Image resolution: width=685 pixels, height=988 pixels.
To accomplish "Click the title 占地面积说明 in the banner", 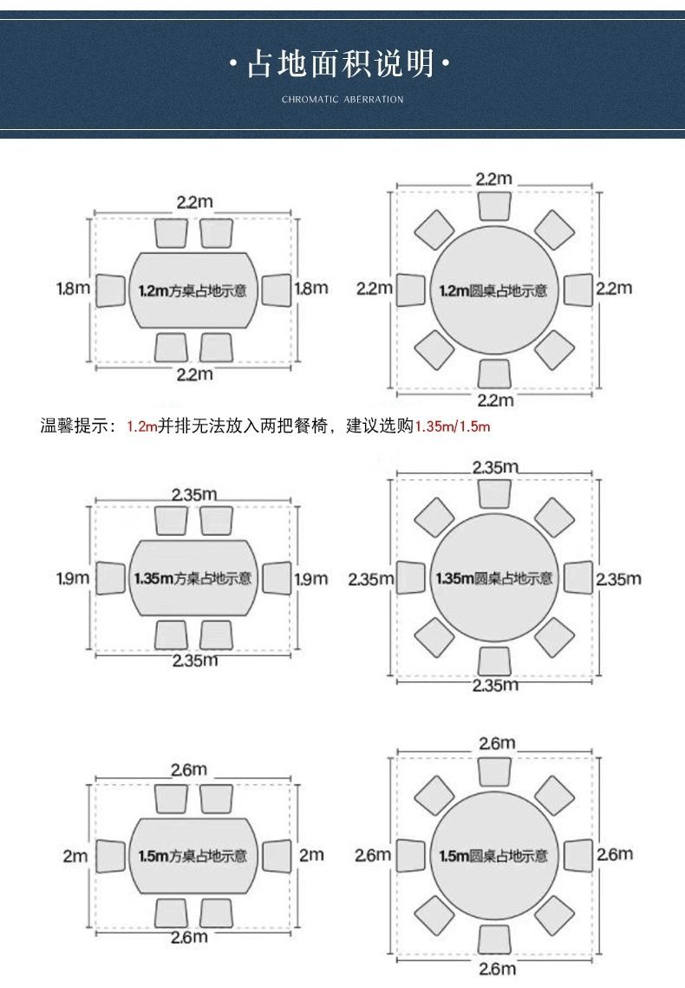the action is coord(340,63).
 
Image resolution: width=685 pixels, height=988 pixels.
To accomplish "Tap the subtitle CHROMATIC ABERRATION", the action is coord(342,99).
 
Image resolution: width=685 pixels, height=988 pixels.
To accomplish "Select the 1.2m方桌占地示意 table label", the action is coord(192,291).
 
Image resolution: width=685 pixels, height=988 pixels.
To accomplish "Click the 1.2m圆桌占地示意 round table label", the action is coord(493,291).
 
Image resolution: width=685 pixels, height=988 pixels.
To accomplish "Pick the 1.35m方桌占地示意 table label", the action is coord(192,578).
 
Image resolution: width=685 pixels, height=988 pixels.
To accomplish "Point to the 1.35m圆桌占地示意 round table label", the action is coord(494,578).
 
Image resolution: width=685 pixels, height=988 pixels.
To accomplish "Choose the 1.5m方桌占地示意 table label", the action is coord(192,856).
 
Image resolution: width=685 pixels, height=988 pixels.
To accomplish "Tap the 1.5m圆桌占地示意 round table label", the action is coord(493,856).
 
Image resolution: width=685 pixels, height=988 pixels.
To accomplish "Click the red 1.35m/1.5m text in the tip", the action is coord(453,426).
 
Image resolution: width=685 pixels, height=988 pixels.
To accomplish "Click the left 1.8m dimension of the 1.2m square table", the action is coord(74,289).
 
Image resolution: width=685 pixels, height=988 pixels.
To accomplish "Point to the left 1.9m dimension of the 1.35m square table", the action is coord(73,578).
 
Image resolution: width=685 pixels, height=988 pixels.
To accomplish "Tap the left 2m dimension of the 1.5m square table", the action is coord(75,856).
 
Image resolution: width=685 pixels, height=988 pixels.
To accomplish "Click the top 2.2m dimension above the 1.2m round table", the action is coord(494,179).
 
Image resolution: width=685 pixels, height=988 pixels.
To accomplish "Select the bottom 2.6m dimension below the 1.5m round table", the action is coord(497,969).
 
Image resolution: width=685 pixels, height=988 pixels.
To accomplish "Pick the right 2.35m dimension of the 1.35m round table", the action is coord(619,579).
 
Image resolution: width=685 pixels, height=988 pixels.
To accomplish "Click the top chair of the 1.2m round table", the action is coord(494,206).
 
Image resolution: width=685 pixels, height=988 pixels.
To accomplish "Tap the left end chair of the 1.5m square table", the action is coord(111,856).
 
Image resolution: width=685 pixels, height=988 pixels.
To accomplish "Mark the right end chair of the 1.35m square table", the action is coord(277,578).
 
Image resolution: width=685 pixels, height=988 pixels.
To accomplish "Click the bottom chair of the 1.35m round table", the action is coord(494,661).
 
